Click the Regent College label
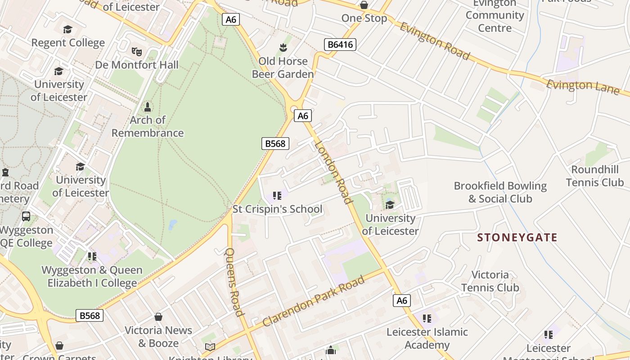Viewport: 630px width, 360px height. click(x=68, y=43)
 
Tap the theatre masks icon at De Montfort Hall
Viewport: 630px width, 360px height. click(x=137, y=51)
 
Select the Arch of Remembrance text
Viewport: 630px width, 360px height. click(x=148, y=126)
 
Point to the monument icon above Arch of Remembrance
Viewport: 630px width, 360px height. click(x=147, y=107)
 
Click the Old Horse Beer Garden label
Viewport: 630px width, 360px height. click(x=283, y=67)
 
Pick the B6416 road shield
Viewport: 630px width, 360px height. click(x=340, y=45)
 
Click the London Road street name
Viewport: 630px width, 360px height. click(x=333, y=172)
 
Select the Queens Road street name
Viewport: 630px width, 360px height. click(x=234, y=282)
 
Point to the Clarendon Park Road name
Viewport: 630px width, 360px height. click(x=314, y=301)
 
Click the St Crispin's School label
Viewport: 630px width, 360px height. click(x=277, y=209)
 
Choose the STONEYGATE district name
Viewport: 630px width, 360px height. click(x=517, y=238)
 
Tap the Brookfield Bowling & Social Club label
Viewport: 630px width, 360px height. click(x=500, y=192)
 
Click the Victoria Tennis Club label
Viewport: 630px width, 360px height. click(x=490, y=281)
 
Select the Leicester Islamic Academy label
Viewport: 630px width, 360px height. click(x=427, y=338)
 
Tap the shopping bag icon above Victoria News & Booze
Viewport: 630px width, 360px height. click(x=158, y=317)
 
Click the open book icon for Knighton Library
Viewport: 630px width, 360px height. click(x=210, y=347)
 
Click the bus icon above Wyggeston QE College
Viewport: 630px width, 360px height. click(x=26, y=216)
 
